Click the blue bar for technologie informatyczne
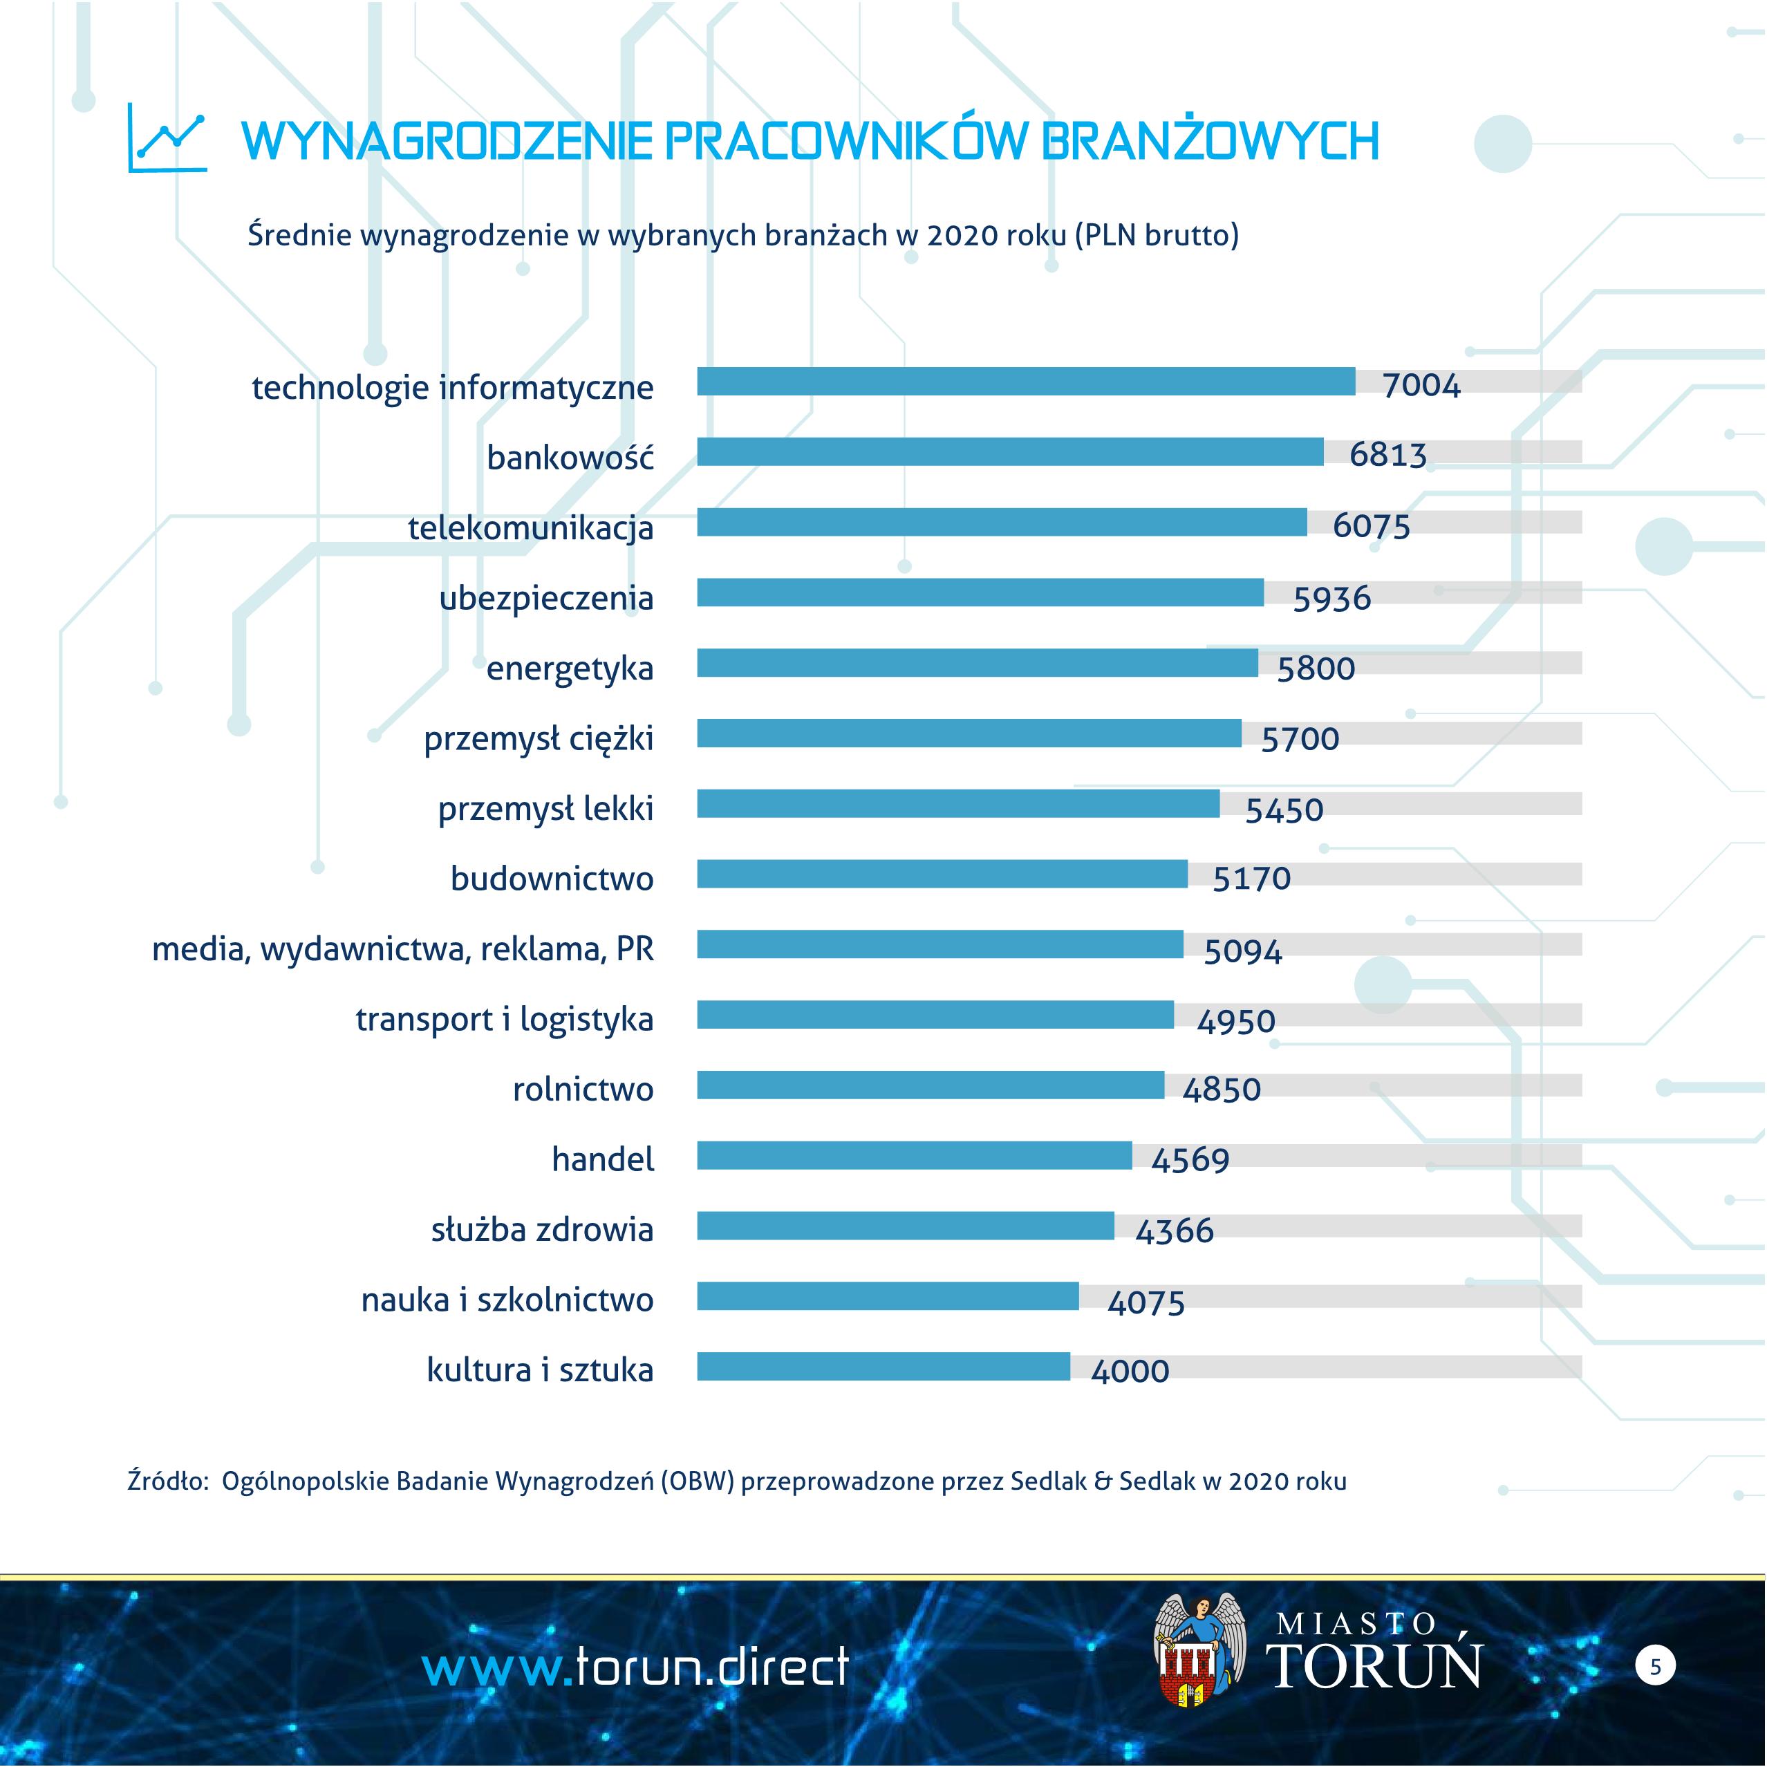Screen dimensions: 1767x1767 (x=1025, y=382)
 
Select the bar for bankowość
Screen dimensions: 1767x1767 (x=1010, y=452)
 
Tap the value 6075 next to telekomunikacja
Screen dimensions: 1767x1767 (x=1371, y=526)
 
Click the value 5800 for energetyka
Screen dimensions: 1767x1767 (x=1315, y=669)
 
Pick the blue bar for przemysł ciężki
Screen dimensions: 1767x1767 (x=969, y=733)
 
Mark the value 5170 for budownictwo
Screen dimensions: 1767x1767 (x=1251, y=879)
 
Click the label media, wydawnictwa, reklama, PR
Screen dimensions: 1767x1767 (x=402, y=949)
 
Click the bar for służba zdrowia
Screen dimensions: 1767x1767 (x=906, y=1226)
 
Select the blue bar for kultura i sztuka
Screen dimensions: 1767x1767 (x=883, y=1367)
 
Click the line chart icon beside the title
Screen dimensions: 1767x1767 (x=167, y=139)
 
